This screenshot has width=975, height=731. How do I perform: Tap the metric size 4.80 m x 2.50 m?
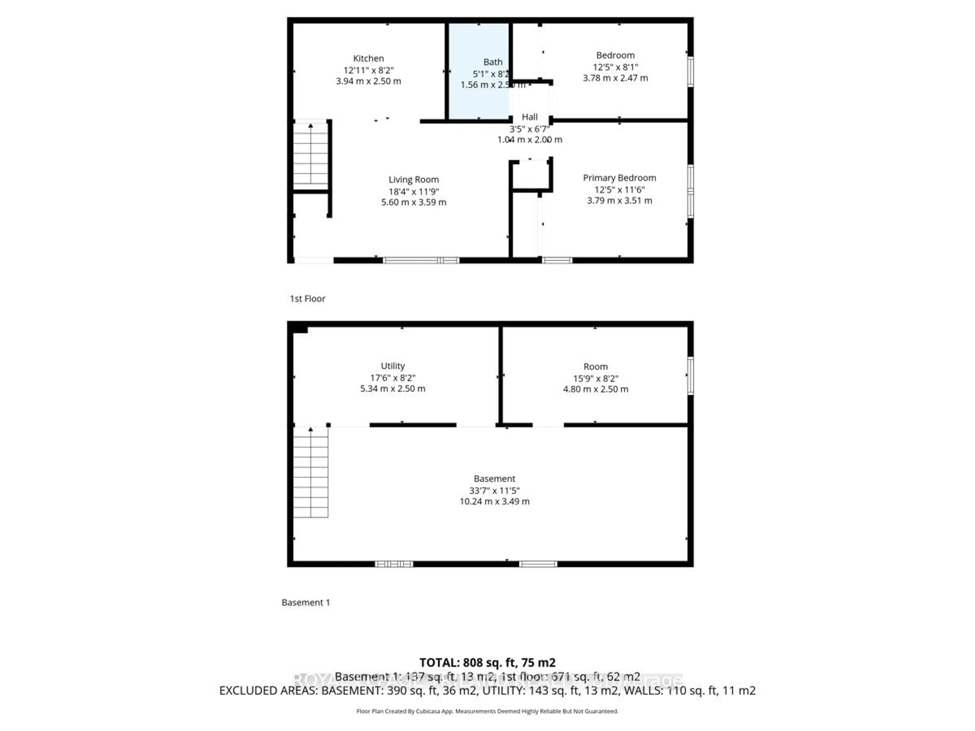point(595,389)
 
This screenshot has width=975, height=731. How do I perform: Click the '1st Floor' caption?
point(307,299)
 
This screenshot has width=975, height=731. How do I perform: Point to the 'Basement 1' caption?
point(305,602)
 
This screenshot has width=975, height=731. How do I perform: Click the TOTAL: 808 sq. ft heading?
point(487,663)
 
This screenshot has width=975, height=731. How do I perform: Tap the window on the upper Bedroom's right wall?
point(690,71)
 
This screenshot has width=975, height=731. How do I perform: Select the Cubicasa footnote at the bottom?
point(487,711)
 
